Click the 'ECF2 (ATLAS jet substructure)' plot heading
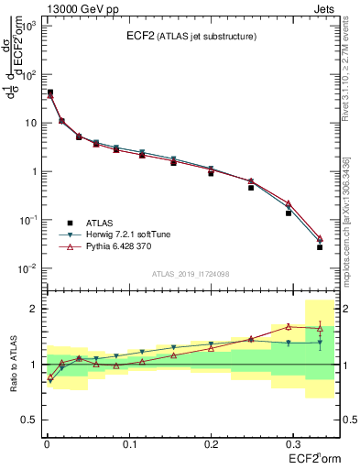(x=191, y=37)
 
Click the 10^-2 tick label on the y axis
(x=27, y=268)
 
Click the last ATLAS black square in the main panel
(x=320, y=247)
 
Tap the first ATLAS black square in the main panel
(x=49, y=93)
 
